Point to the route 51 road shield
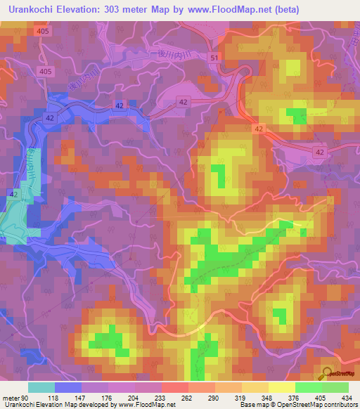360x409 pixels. pyautogui.click(x=214, y=58)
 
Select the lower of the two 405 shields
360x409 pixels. pyautogui.click(x=46, y=72)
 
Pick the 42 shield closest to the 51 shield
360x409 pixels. pyautogui.click(x=184, y=102)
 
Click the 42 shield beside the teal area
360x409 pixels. pyautogui.click(x=13, y=193)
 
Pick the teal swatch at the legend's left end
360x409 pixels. pyautogui.click(x=41, y=387)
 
